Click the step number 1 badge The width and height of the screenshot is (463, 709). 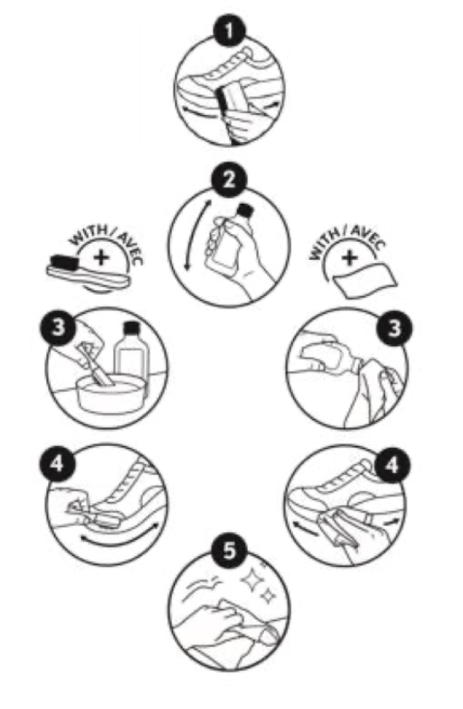[230, 32]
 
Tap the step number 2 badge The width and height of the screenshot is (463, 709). [230, 180]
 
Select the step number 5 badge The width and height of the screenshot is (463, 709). [230, 551]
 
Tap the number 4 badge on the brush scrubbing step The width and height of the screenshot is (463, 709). [57, 463]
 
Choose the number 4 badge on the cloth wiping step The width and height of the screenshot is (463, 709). [392, 464]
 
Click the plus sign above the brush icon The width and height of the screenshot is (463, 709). [102, 258]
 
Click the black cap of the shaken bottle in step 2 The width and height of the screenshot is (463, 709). [244, 210]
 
